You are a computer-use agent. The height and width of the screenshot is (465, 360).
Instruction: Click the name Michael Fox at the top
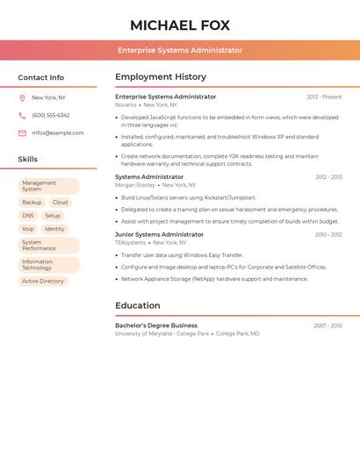(x=180, y=25)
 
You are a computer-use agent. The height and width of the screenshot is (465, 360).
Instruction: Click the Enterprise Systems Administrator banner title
(x=180, y=50)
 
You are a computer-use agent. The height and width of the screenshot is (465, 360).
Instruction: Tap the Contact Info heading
(x=41, y=77)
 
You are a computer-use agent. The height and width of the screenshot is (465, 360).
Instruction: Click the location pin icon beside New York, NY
(x=22, y=97)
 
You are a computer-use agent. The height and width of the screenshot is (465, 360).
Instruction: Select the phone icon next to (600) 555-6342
(x=22, y=115)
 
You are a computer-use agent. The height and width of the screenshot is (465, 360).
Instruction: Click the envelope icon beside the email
(x=22, y=133)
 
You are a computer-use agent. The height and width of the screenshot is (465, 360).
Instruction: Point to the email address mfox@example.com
(x=58, y=133)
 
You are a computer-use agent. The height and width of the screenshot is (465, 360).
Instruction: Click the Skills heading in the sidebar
(x=28, y=160)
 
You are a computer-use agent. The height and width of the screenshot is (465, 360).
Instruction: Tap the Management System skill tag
(x=48, y=186)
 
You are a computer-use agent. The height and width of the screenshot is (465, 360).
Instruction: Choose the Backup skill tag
(x=32, y=203)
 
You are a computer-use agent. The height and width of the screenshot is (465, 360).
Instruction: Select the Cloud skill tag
(x=60, y=203)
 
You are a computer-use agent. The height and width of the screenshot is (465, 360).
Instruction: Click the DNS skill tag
(x=28, y=216)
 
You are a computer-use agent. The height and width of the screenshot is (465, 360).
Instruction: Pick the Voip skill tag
(x=28, y=229)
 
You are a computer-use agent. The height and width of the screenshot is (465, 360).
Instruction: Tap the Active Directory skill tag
(x=43, y=282)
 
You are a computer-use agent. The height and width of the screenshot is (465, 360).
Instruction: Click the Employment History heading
(x=161, y=77)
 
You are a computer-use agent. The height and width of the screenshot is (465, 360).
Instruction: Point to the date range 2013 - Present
(x=324, y=97)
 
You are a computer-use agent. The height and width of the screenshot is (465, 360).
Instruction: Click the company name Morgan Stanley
(x=135, y=185)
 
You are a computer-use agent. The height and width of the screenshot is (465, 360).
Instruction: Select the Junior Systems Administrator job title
(x=159, y=234)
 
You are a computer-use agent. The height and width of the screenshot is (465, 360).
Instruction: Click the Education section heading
(x=138, y=305)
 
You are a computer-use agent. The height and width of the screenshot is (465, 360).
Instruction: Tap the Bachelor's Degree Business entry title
(x=156, y=325)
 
